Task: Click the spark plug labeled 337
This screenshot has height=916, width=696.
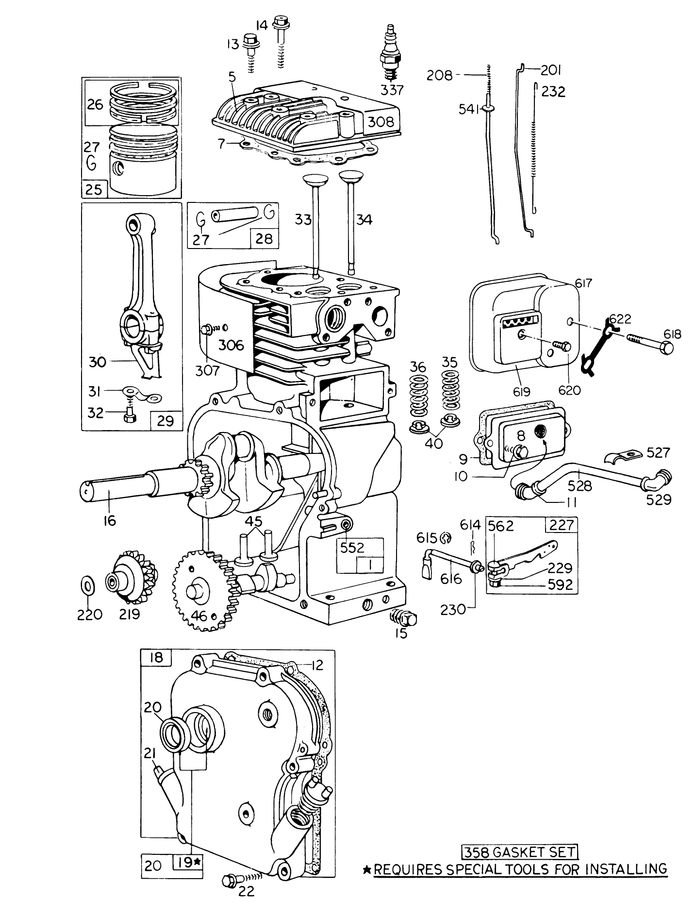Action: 390,56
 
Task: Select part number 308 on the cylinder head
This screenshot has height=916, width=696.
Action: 381,121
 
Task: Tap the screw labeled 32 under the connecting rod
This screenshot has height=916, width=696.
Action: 128,416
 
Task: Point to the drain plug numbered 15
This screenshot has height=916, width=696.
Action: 405,618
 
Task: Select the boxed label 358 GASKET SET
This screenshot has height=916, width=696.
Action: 519,851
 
